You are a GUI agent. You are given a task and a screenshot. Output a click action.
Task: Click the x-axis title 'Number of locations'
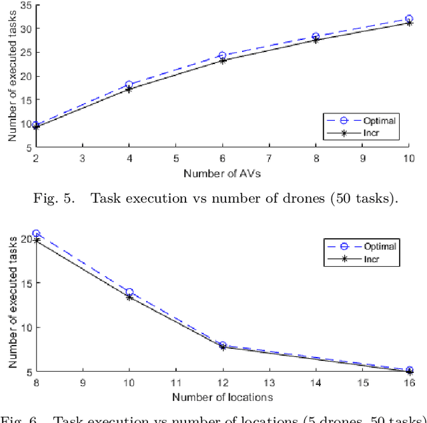click(x=222, y=398)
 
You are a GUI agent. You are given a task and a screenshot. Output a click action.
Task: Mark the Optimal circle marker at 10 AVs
click(x=409, y=19)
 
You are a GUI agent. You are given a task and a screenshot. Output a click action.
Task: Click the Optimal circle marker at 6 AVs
click(x=222, y=55)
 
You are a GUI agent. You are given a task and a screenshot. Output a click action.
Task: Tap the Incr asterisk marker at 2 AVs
click(x=35, y=126)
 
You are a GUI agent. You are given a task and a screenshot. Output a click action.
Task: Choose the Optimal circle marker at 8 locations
click(x=35, y=234)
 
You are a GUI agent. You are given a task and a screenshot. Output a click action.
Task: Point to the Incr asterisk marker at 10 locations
click(x=129, y=297)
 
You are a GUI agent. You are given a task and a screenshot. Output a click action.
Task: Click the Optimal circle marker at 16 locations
click(x=409, y=370)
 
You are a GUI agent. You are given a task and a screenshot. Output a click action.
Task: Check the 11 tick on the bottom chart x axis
click(x=175, y=383)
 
